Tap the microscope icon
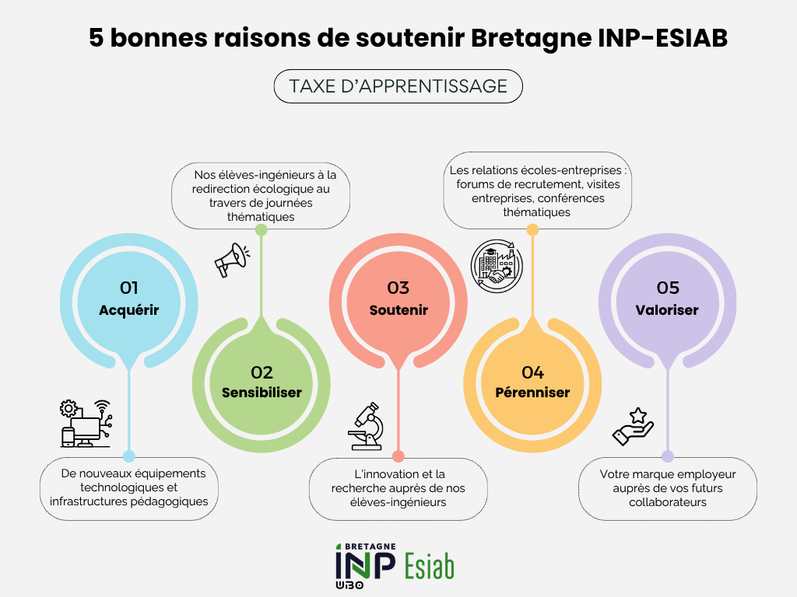point(366,427)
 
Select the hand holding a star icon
point(633,427)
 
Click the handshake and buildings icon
point(497,266)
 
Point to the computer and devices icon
point(86,424)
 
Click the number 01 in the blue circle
point(129,288)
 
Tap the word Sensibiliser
point(262,393)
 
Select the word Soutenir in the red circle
point(398,310)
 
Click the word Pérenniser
point(532,393)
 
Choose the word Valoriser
point(667,310)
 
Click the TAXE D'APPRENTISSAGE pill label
point(398,86)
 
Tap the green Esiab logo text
point(430,567)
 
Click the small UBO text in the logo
point(349,585)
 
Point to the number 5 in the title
point(96,38)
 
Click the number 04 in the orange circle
point(532,372)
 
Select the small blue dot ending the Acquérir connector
point(129,456)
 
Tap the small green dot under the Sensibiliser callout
point(262,230)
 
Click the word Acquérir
point(129,310)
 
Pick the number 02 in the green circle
point(262,372)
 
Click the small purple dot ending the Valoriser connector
point(667,456)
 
